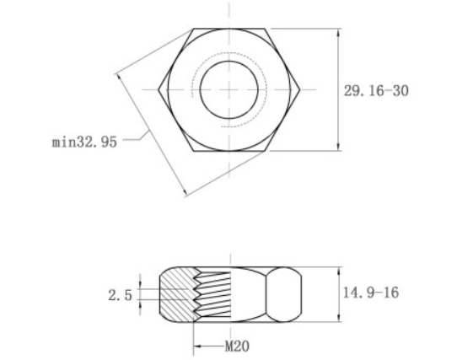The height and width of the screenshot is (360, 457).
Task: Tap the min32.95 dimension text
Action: coord(84,142)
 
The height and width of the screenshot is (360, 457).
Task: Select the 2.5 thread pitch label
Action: coord(119,295)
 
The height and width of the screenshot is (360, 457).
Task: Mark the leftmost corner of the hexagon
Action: coord(158,89)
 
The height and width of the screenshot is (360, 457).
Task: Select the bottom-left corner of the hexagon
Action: coord(193,150)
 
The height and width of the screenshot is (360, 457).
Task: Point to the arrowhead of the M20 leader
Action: coord(196,345)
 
